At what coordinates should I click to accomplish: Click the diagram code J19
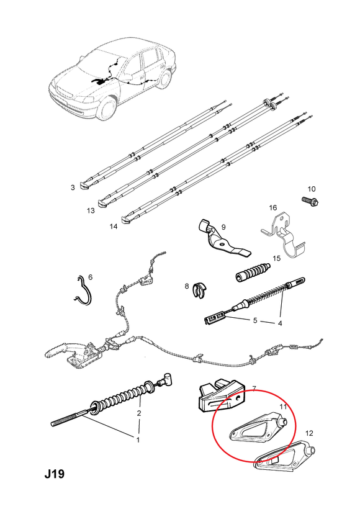55,474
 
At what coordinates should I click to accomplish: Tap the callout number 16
272,207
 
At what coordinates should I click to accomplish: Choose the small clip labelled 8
200,290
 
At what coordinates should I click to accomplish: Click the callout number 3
73,187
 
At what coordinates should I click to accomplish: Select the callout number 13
91,210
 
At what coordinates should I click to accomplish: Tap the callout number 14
114,227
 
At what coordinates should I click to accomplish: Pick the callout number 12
309,433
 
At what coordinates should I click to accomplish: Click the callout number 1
138,440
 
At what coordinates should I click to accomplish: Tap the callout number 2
139,413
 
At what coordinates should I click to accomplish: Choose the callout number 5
255,320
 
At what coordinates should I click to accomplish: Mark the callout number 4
279,323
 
